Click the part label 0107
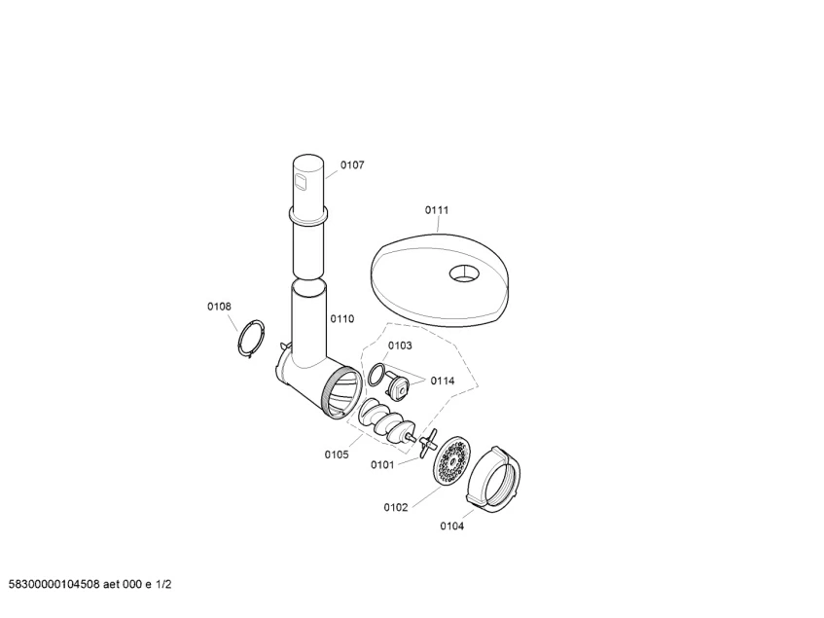(x=351, y=165)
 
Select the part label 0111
(x=436, y=210)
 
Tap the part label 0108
(x=219, y=307)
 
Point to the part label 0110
(x=342, y=318)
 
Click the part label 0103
(x=400, y=345)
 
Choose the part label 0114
(x=442, y=381)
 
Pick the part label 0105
(x=337, y=454)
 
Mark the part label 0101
(x=382, y=464)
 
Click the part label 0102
(x=395, y=507)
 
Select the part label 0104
(x=452, y=527)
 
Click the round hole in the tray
(x=464, y=273)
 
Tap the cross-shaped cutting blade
(x=428, y=443)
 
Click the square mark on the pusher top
(x=300, y=182)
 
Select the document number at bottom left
(x=90, y=584)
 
